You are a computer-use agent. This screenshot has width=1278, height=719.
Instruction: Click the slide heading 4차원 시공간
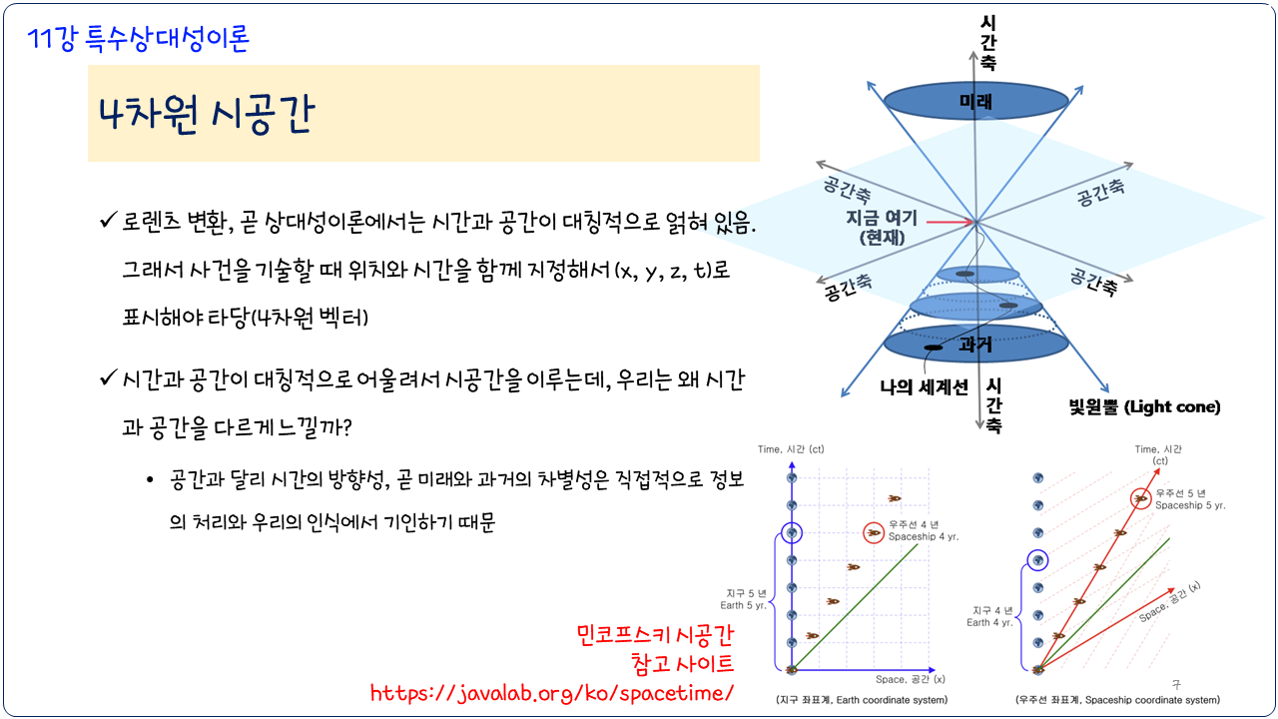pyautogui.click(x=206, y=114)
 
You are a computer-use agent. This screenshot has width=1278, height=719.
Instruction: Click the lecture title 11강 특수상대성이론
pyautogui.click(x=138, y=39)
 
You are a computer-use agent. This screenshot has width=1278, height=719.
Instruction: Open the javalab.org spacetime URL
pyautogui.click(x=552, y=693)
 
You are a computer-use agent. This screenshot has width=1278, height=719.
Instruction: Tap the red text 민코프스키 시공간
pyautogui.click(x=655, y=634)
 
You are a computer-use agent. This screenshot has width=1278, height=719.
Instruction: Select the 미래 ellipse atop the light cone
pyautogui.click(x=975, y=101)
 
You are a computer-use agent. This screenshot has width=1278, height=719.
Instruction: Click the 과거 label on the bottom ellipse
pyautogui.click(x=975, y=345)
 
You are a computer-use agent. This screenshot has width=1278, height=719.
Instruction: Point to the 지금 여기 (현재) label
pyautogui.click(x=882, y=227)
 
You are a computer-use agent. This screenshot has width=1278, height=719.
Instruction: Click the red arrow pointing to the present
pyautogui.click(x=950, y=222)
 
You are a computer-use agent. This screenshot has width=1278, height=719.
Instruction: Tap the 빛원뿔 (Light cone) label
pyautogui.click(x=1144, y=406)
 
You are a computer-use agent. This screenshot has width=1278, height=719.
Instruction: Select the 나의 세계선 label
pyautogui.click(x=924, y=387)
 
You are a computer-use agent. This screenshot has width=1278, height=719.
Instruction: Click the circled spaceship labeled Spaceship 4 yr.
pyautogui.click(x=874, y=533)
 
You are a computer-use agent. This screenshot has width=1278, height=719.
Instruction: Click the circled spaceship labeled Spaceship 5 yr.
pyautogui.click(x=1140, y=498)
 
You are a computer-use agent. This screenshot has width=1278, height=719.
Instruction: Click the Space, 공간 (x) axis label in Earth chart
pyautogui.click(x=910, y=679)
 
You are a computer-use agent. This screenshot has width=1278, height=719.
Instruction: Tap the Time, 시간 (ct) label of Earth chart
pyautogui.click(x=791, y=449)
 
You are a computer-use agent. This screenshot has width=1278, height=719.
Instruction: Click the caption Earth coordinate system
pyautogui.click(x=862, y=700)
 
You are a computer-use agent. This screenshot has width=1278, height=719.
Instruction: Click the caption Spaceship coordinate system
pyautogui.click(x=1117, y=700)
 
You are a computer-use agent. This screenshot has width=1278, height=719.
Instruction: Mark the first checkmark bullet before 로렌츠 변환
pyautogui.click(x=108, y=220)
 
